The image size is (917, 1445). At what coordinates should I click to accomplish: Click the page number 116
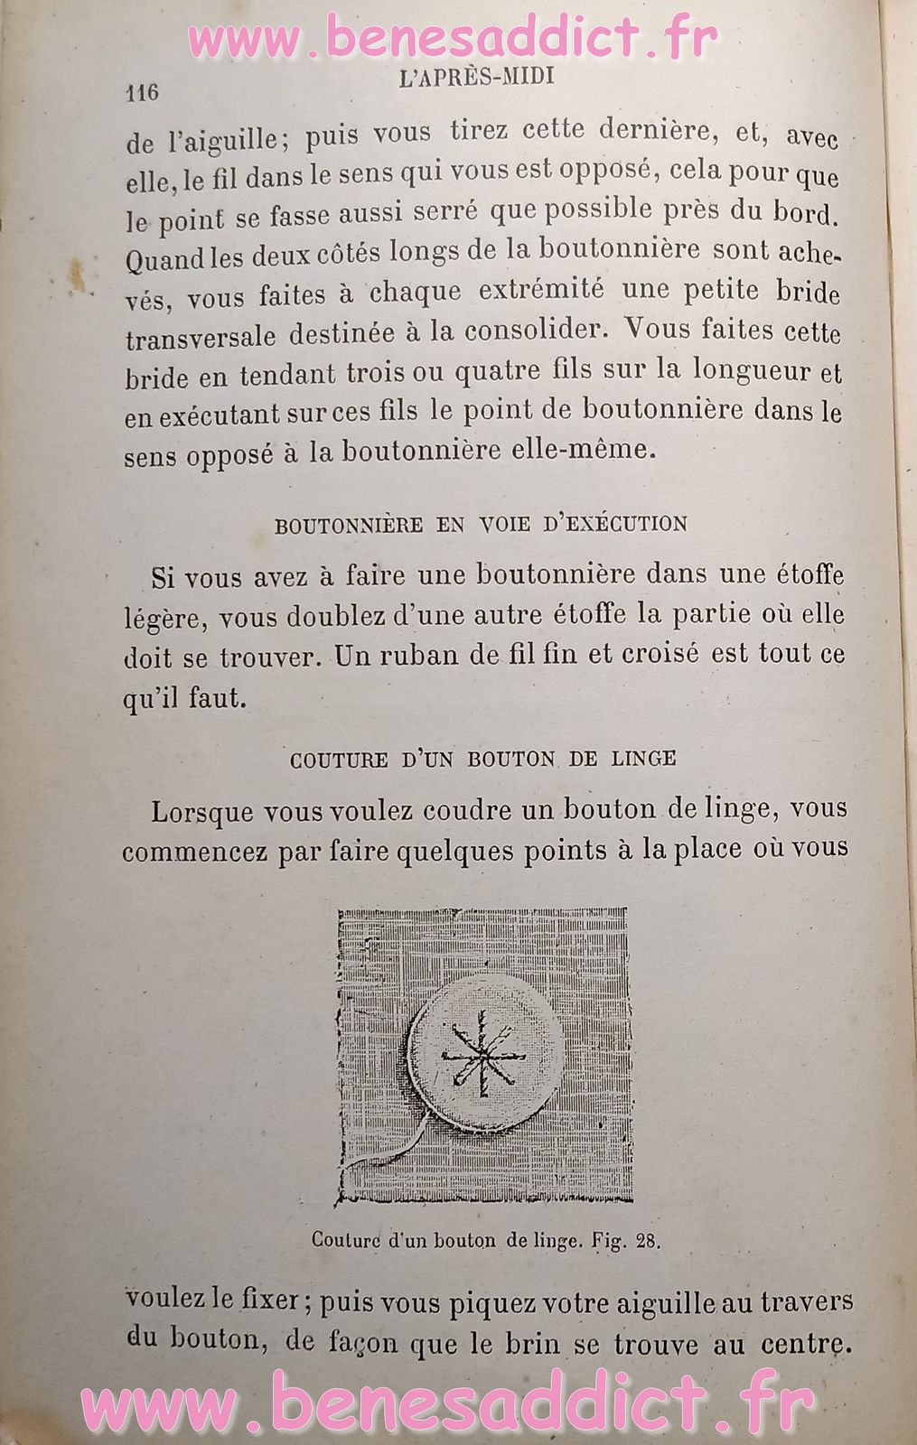point(143,92)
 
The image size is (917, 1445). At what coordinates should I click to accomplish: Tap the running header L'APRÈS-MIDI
point(475,79)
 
